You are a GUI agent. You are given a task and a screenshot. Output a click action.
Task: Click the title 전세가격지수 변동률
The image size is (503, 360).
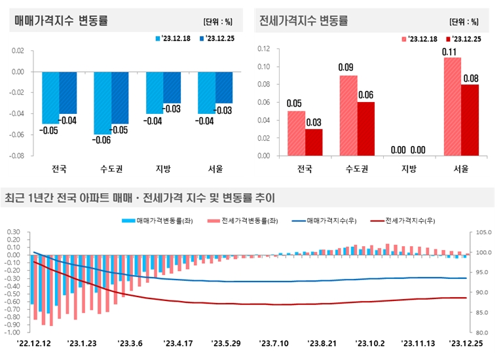pos(303,20)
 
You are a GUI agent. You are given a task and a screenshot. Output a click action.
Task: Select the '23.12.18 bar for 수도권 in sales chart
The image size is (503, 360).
pos(102,103)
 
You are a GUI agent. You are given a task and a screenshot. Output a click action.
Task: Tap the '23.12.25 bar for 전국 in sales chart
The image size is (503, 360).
pos(68,92)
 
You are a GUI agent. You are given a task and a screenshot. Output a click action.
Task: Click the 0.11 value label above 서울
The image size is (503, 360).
pos(453,52)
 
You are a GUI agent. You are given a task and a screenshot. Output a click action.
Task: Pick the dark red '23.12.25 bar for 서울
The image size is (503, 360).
pos(470,120)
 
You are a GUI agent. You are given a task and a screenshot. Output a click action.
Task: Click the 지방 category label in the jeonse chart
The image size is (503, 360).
pos(409,169)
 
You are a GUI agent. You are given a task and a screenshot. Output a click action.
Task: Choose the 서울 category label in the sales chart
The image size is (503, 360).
pos(215,169)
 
